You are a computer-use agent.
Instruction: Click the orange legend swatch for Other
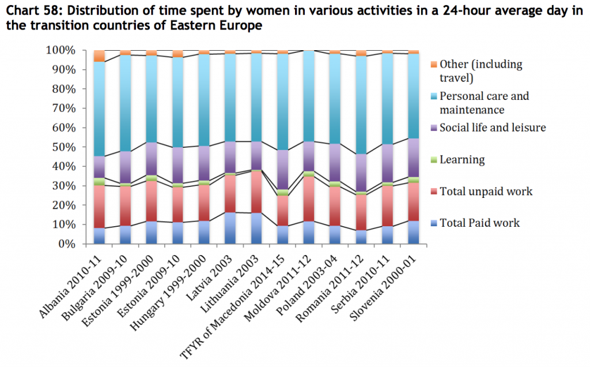click(x=434, y=65)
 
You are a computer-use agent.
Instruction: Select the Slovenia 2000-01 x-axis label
click(x=398, y=278)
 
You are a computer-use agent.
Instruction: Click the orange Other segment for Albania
click(x=99, y=56)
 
